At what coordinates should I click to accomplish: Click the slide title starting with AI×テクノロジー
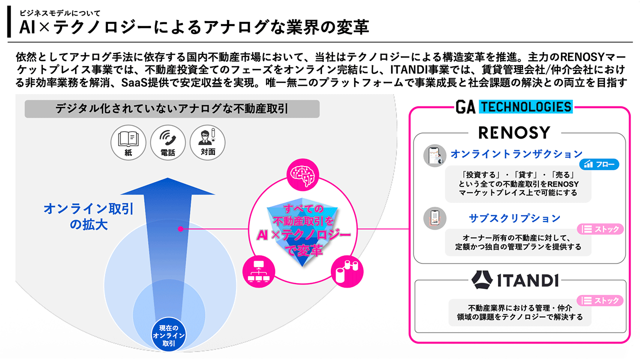[194, 27]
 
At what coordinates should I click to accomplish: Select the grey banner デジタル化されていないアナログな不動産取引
[171, 109]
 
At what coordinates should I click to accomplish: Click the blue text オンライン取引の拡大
[88, 216]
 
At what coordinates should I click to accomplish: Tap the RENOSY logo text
[514, 132]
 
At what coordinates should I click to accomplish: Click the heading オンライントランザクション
[517, 154]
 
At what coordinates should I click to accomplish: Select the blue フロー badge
[599, 164]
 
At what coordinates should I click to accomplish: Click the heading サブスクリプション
[514, 218]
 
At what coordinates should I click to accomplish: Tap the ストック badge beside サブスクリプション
[600, 229]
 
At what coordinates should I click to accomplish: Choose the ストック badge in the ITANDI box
[600, 300]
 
